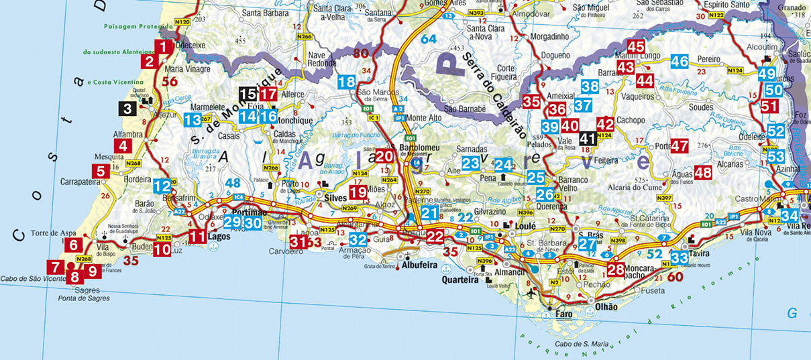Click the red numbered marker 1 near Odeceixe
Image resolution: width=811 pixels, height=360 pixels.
pos(162,47)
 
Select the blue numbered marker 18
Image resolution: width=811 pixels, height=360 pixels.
pos(347,82)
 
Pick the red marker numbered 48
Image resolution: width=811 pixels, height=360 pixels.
pos(703,172)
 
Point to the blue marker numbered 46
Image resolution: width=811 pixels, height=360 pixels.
pos(680,62)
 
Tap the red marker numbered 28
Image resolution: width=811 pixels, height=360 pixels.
pos(615,269)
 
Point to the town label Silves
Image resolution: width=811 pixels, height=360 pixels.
pos(335,198)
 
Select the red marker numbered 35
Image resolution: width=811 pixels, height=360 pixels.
pos(531,102)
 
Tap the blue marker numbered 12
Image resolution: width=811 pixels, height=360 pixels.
pos(162,186)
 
